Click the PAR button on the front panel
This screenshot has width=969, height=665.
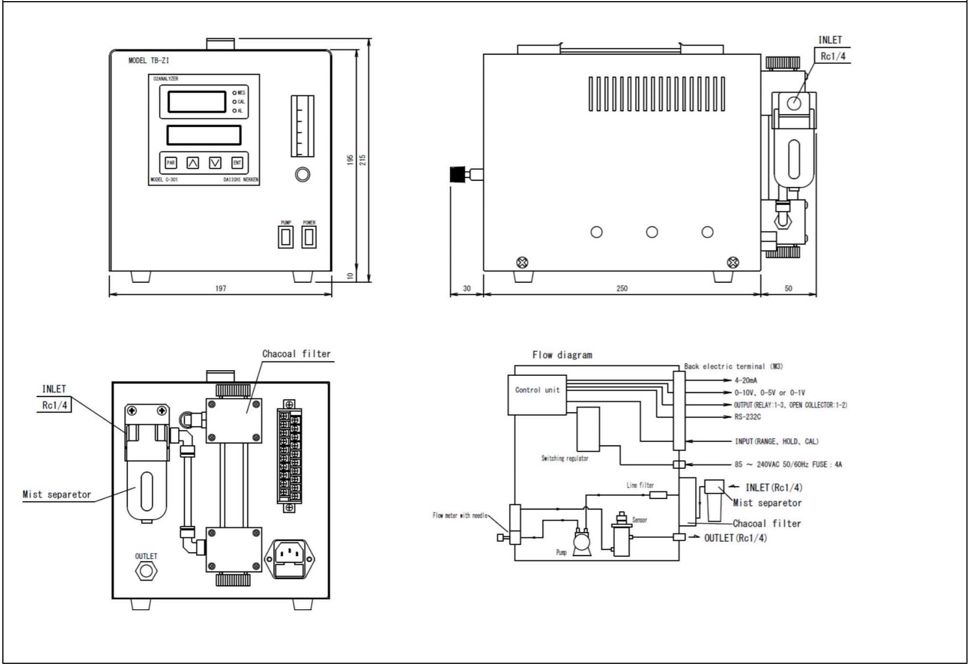click(x=171, y=163)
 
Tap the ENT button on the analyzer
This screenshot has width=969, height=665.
click(x=237, y=163)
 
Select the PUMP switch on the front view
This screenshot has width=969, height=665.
click(x=286, y=237)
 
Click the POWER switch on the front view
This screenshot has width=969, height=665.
click(x=309, y=237)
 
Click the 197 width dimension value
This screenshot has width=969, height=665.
click(x=220, y=289)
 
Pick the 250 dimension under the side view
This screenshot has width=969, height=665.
click(x=622, y=289)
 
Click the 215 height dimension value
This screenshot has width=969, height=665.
click(x=362, y=159)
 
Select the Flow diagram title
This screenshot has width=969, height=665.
click(x=562, y=355)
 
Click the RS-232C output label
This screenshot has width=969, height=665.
click(x=748, y=417)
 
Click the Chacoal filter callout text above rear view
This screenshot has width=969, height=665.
click(x=296, y=354)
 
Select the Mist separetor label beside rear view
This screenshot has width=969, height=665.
click(x=56, y=494)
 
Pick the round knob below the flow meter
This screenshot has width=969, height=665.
click(x=302, y=175)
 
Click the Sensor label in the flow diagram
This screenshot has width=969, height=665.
click(x=639, y=520)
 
